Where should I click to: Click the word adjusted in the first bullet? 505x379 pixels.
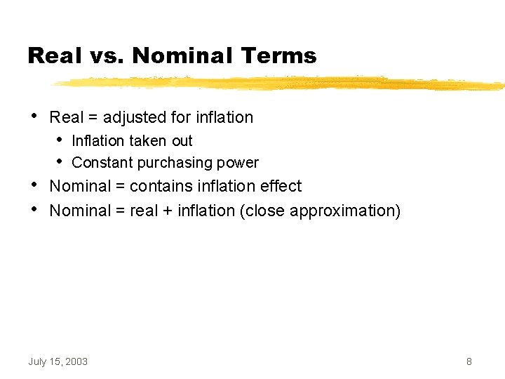(x=131, y=117)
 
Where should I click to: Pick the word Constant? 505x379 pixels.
(x=102, y=163)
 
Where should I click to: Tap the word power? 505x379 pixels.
(x=238, y=163)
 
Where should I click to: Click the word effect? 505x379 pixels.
(x=281, y=187)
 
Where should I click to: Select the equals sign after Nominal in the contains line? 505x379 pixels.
(x=121, y=187)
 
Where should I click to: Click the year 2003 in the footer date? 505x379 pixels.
(x=76, y=361)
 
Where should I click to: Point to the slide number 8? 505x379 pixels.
(x=469, y=361)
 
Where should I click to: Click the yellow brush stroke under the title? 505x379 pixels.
(x=281, y=84)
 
